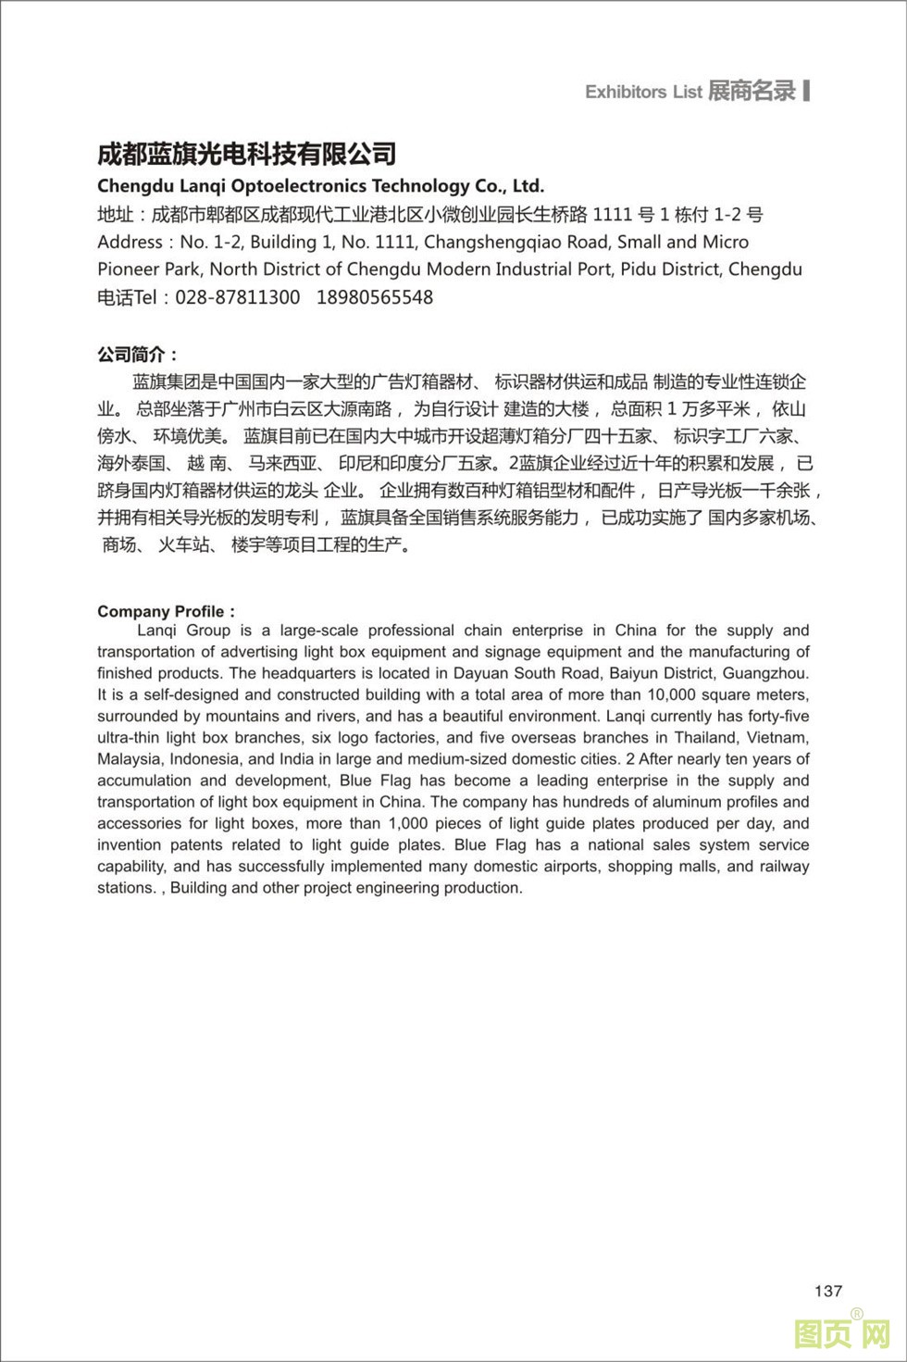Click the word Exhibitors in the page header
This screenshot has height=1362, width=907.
point(626,92)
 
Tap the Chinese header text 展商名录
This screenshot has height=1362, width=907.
point(752,91)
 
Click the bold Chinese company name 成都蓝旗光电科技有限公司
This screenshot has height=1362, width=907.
point(247,153)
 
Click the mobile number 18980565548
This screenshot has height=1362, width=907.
point(375,297)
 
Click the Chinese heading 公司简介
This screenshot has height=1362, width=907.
point(132,355)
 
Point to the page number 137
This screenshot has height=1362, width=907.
point(828,1291)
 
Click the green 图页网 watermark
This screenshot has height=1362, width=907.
point(841,1333)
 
